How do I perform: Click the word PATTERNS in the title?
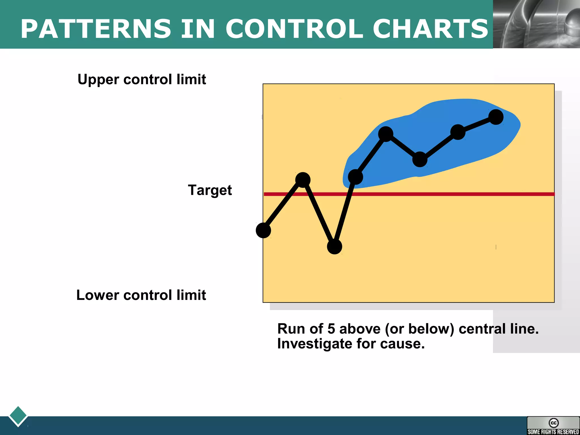click(96, 29)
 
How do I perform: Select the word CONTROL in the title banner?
click(295, 29)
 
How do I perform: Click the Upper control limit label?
click(142, 79)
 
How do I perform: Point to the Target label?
click(210, 190)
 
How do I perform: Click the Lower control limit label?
click(141, 295)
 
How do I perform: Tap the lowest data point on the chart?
click(334, 247)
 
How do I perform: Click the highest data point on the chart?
click(496, 117)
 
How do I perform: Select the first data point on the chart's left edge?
click(263, 230)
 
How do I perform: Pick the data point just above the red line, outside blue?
click(303, 180)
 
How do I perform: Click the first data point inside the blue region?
click(355, 177)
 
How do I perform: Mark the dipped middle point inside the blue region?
click(420, 159)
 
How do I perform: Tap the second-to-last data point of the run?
click(458, 132)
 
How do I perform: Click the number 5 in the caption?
click(331, 329)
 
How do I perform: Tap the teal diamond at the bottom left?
click(18, 416)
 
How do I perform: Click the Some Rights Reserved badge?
click(553, 426)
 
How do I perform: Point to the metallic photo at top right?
click(536, 24)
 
